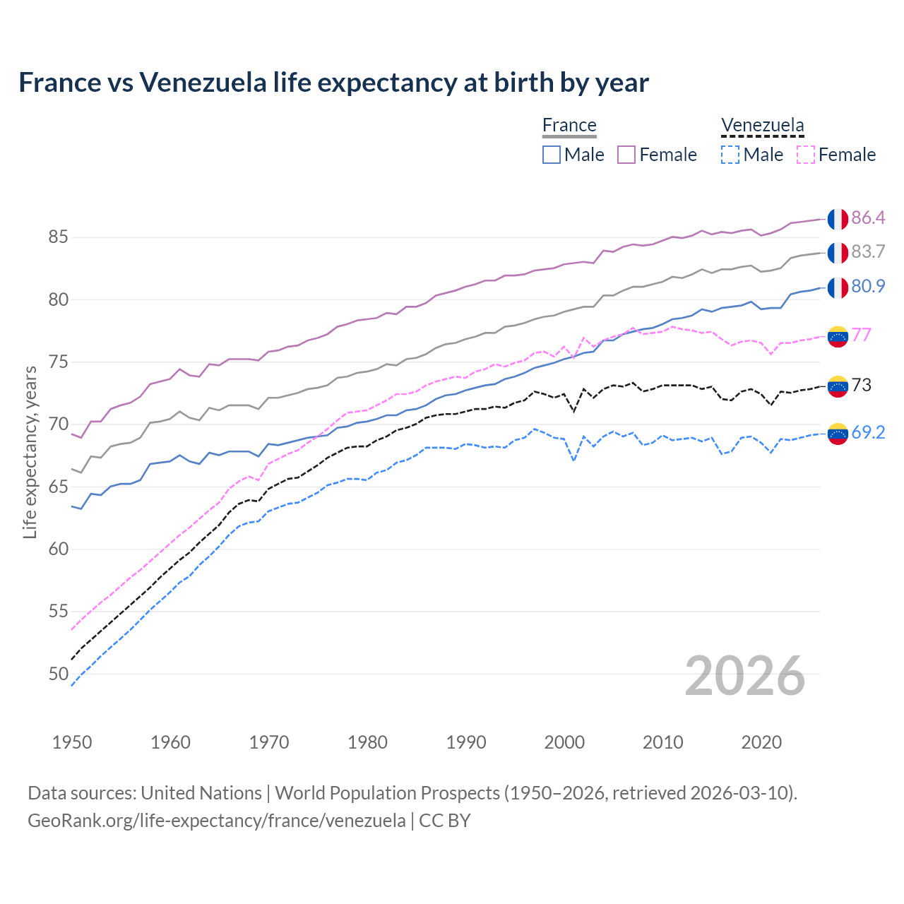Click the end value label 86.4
tap(868, 218)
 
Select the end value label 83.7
tap(868, 251)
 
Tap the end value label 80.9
tap(868, 286)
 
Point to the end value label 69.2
tap(868, 432)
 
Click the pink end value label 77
tap(862, 334)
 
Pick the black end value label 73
tap(862, 385)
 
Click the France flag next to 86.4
tap(838, 219)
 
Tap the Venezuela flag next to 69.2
tap(838, 434)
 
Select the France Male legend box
tap(552, 155)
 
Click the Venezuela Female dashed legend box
tap(806, 155)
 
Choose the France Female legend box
tap(626, 155)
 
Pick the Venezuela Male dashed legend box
tap(730, 155)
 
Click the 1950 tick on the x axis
tap(72, 742)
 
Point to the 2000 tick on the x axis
tap(564, 742)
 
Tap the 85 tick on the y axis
tap(58, 237)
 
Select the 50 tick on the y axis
tap(58, 674)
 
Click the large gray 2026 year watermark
tap(745, 676)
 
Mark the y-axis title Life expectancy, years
tap(30, 452)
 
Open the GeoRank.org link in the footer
tap(216, 821)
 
